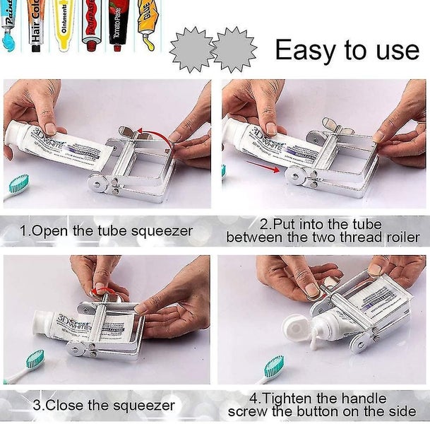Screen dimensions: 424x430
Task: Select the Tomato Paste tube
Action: coord(118,25)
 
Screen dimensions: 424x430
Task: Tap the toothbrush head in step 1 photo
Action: coord(20,185)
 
